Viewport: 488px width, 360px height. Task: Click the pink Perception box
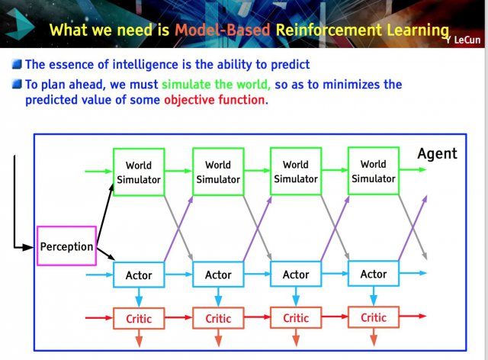[x=66, y=246]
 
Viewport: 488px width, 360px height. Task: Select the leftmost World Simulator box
[x=139, y=172]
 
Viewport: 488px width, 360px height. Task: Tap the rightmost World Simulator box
[x=374, y=171]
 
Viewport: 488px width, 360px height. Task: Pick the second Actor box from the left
[x=218, y=275]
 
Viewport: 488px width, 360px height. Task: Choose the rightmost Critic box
[x=374, y=317]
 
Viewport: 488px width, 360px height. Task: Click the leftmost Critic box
[x=139, y=318]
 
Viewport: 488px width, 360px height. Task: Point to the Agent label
[x=437, y=154]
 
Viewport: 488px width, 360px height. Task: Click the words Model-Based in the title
[x=222, y=31]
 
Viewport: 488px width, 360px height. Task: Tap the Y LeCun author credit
[x=463, y=40]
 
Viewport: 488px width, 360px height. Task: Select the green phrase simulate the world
[x=216, y=85]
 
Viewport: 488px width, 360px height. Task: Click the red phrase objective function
[x=216, y=100]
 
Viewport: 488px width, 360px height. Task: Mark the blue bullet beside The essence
[x=17, y=64]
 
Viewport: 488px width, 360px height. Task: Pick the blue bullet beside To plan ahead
[x=17, y=84]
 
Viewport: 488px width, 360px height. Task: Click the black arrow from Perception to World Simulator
[x=105, y=214]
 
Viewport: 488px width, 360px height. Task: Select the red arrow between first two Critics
[x=178, y=317]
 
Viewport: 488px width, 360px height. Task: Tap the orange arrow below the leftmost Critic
[x=139, y=338]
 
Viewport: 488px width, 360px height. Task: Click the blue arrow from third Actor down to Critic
[x=296, y=296]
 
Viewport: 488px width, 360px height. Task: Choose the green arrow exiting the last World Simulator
[x=413, y=170]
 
